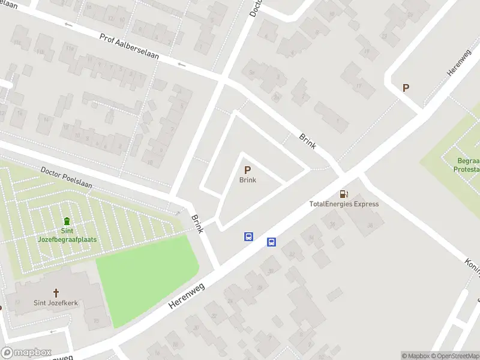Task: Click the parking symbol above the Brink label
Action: coord(247,170)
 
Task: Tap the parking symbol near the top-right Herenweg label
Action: coord(406,88)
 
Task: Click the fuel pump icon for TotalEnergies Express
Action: coord(344,194)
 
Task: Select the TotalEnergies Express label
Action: coord(344,204)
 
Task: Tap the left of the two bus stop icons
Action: coord(248,236)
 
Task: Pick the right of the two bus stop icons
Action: coord(271,242)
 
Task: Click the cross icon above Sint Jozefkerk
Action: coord(56,293)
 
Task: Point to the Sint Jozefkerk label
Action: coord(56,303)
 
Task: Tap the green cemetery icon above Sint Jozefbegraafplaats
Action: coord(67,221)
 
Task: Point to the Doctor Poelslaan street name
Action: coord(66,178)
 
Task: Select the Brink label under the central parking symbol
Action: coord(248,180)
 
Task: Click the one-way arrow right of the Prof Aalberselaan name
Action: coord(181,64)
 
